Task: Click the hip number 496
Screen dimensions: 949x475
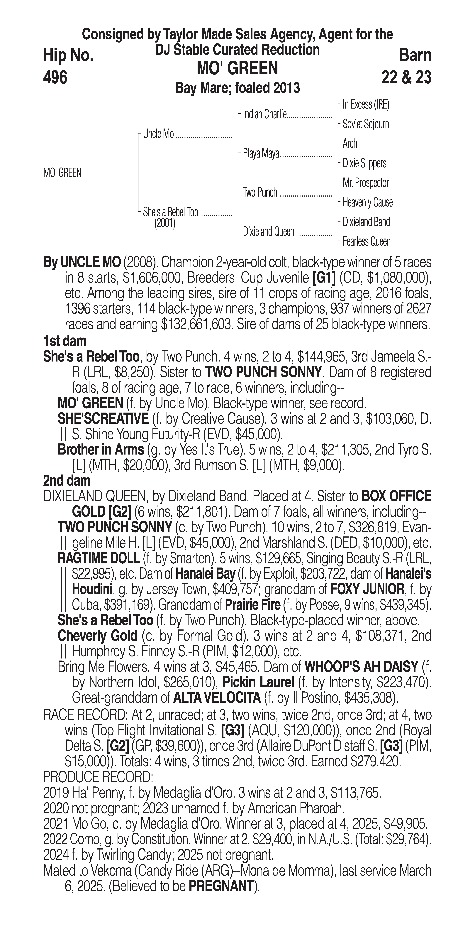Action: pyautogui.click(x=55, y=77)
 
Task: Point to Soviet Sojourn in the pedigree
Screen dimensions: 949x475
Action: pyautogui.click(x=366, y=124)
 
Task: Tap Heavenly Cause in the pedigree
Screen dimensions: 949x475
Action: pyautogui.click(x=367, y=202)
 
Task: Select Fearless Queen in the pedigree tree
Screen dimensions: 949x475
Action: pyautogui.click(x=366, y=242)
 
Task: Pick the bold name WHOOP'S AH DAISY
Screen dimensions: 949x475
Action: pyautogui.click(x=361, y=666)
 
